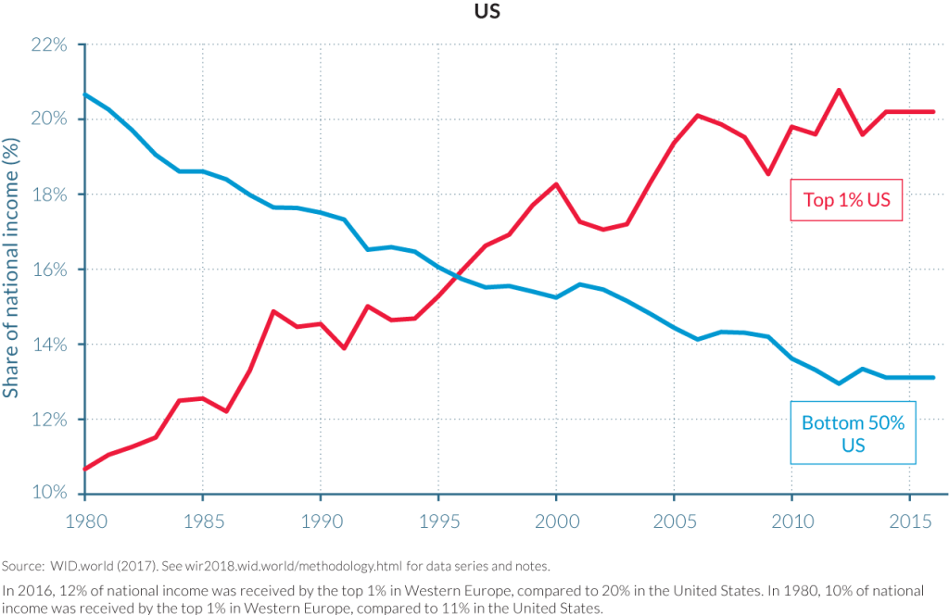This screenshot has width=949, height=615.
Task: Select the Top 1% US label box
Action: (x=845, y=201)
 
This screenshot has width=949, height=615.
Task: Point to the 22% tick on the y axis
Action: (x=52, y=44)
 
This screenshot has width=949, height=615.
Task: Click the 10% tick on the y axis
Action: (x=52, y=493)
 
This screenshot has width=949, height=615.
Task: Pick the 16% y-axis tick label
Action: (x=52, y=270)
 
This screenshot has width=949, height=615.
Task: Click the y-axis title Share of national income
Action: (x=12, y=269)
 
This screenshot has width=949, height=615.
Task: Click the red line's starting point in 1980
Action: (x=85, y=469)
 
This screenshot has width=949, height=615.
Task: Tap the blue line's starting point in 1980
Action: (x=85, y=94)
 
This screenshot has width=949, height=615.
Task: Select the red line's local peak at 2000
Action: (x=556, y=183)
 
